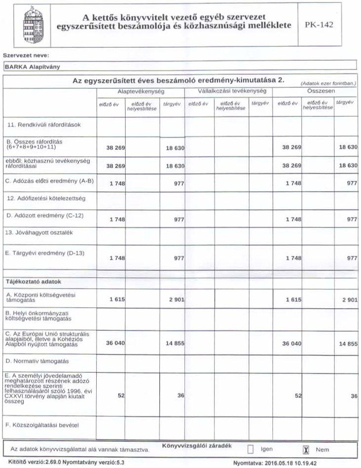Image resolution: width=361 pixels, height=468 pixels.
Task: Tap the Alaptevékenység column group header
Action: pos(141,92)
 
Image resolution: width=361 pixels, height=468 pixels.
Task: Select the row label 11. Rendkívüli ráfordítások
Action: pos(43,125)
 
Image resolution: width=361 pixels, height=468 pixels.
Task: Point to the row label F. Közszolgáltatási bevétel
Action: pos(42,424)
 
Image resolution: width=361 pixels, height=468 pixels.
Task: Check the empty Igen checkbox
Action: pos(251,449)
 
